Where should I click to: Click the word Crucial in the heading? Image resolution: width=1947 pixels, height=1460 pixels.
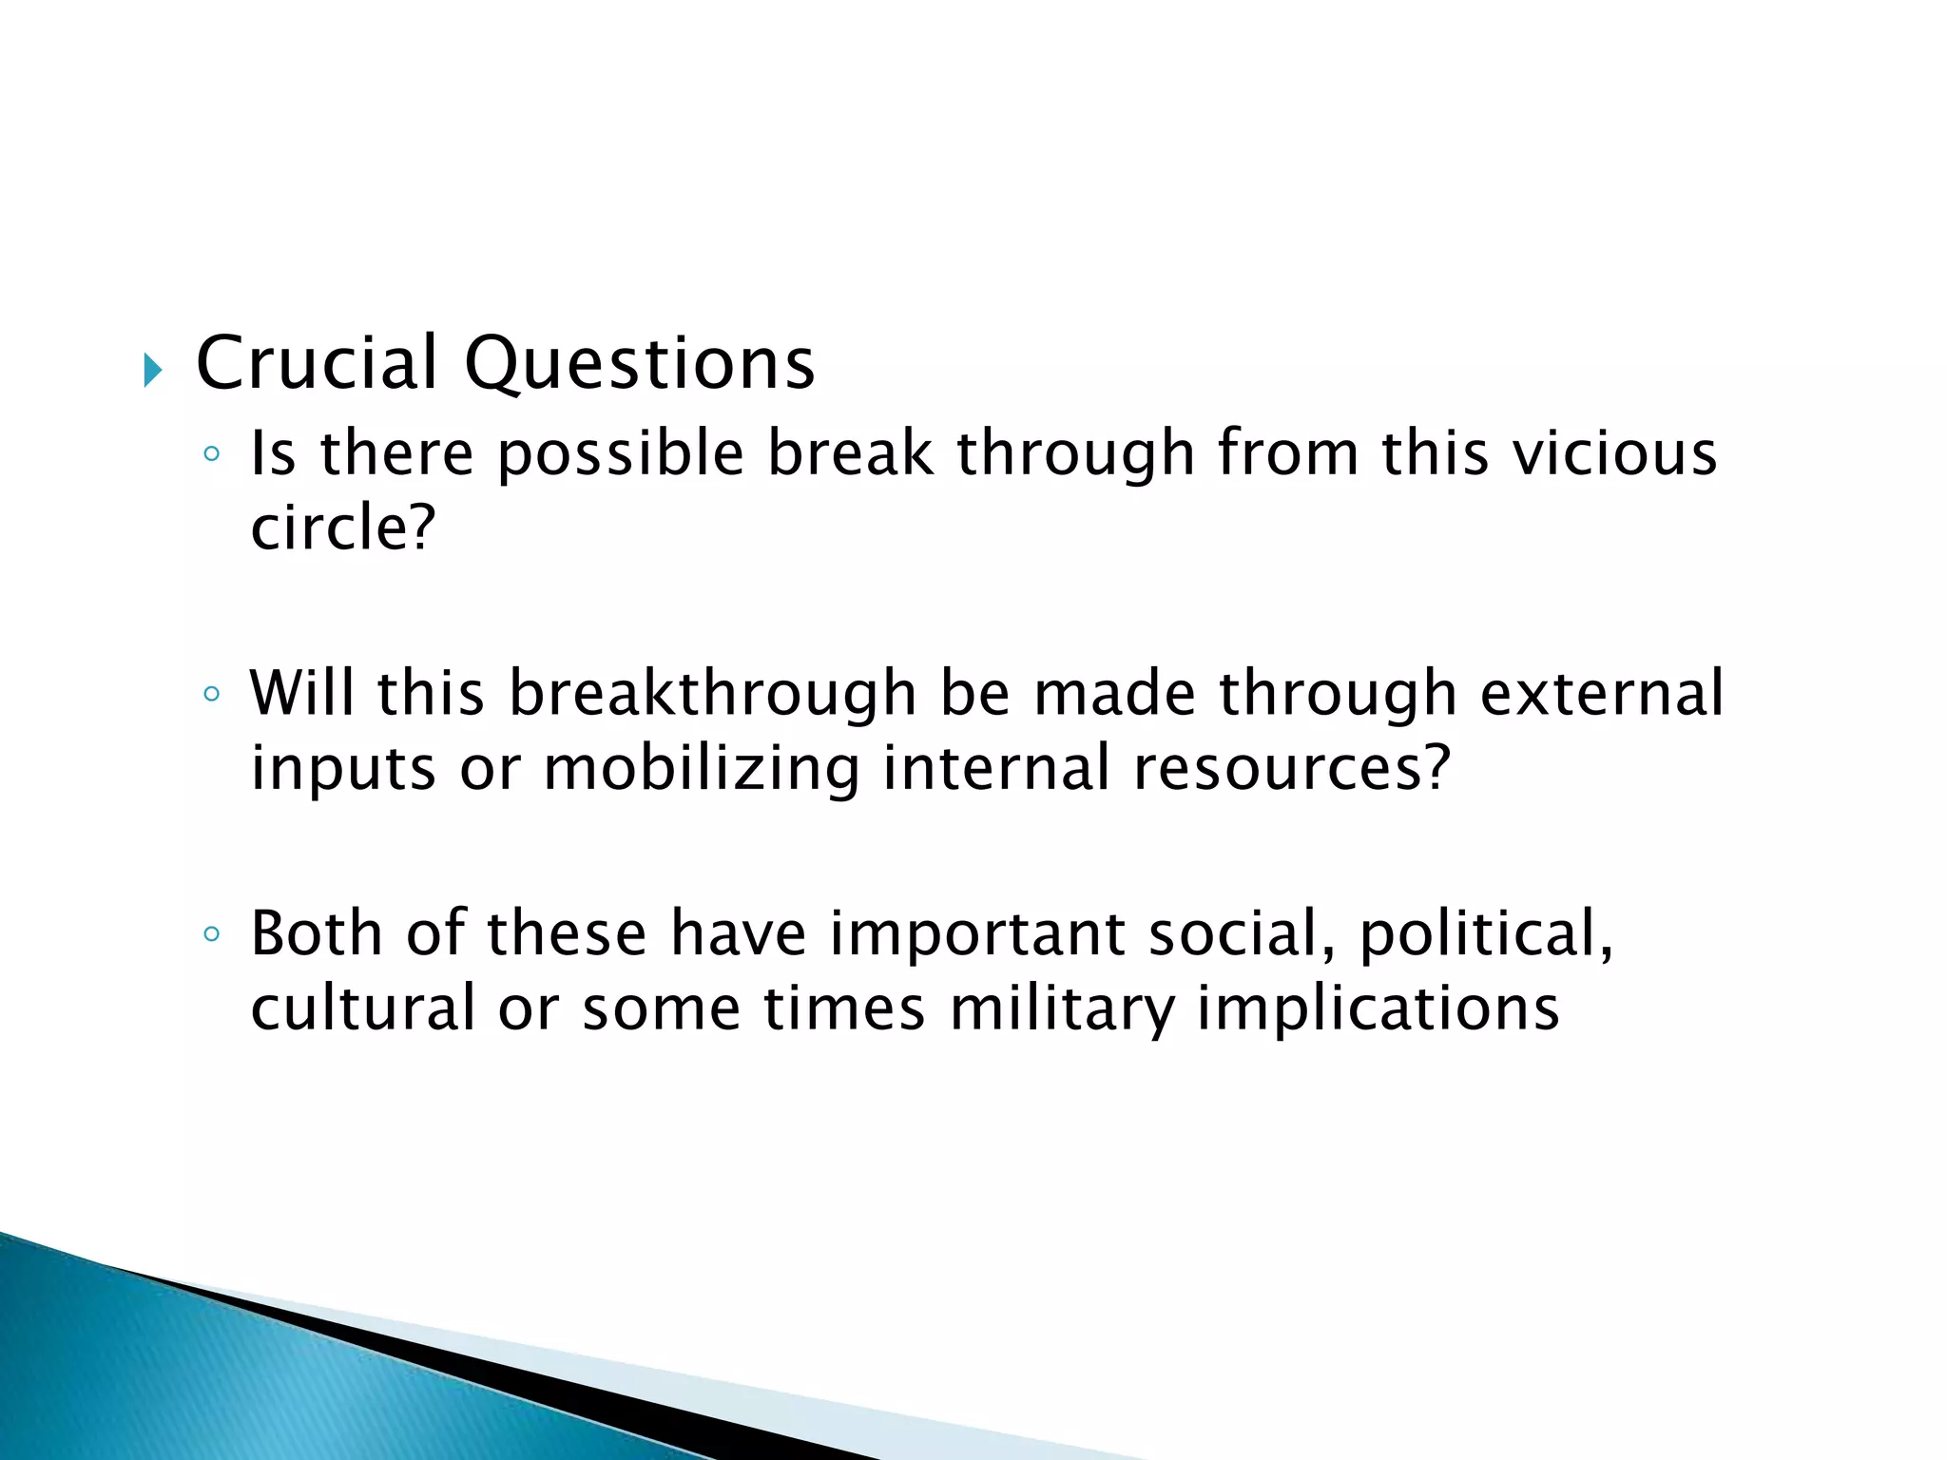pyautogui.click(x=317, y=363)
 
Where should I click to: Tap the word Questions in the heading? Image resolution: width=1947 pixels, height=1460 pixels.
pyautogui.click(x=639, y=365)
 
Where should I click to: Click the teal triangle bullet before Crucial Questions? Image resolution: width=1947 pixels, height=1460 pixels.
pyautogui.click(x=152, y=370)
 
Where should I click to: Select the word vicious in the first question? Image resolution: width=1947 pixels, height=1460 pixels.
pyautogui.click(x=1615, y=452)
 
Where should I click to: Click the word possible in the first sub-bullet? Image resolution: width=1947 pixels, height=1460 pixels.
pyautogui.click(x=621, y=454)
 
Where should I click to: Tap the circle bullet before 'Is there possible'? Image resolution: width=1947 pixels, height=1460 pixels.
pyautogui.click(x=211, y=453)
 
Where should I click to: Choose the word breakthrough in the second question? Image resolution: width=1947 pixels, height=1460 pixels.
pyautogui.click(x=712, y=694)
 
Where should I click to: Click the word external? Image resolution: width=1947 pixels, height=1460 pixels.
pyautogui.click(x=1601, y=693)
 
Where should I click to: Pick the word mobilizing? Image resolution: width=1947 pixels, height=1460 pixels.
pyautogui.click(x=701, y=768)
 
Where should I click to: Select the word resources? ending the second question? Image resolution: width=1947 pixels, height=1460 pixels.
pyautogui.click(x=1292, y=768)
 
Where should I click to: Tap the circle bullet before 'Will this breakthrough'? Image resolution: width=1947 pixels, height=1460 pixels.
pyautogui.click(x=211, y=694)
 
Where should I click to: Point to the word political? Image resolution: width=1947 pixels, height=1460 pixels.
pyautogui.click(x=1486, y=935)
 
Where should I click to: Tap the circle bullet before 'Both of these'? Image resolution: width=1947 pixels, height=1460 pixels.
pyautogui.click(x=211, y=933)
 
